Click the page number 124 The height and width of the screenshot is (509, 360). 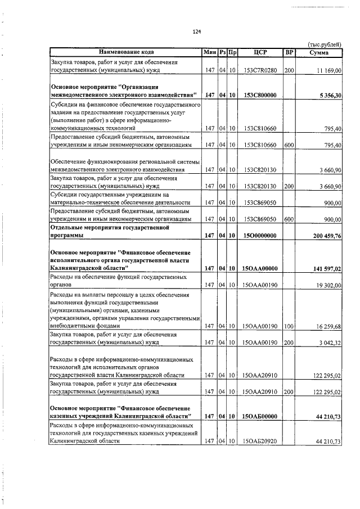click(x=196, y=31)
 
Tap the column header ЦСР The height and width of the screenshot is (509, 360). click(x=260, y=52)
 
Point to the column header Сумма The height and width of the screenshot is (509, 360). click(x=319, y=52)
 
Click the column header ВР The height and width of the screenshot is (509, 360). click(x=289, y=52)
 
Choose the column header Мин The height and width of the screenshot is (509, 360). click(x=210, y=52)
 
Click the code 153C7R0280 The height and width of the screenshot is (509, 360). click(x=260, y=71)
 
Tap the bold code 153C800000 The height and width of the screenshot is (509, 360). click(x=260, y=96)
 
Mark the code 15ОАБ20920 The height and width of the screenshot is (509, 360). click(x=260, y=442)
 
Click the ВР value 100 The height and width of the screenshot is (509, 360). click(x=289, y=326)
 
